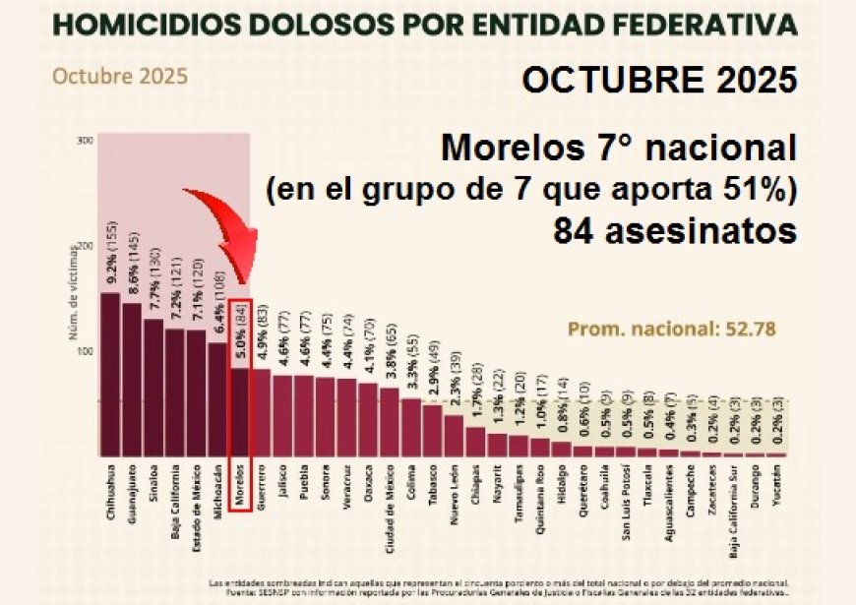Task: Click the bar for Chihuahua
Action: [111, 374]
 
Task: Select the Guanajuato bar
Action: [132, 379]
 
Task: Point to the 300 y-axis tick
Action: [85, 140]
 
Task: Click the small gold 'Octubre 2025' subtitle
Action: [120, 76]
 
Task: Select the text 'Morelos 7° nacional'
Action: [619, 149]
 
